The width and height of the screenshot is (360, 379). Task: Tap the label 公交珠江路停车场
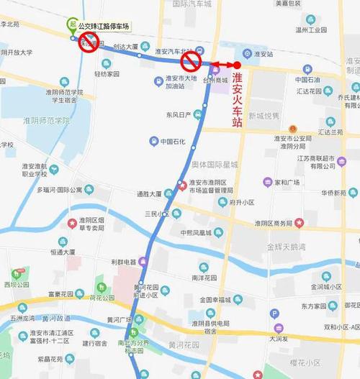pyautogui.click(x=105, y=25)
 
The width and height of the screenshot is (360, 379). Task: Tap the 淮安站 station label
pyautogui.click(x=264, y=53)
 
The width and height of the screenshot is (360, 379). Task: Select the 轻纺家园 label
pyautogui.click(x=104, y=73)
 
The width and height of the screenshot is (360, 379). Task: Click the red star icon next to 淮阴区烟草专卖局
pyautogui.click(x=72, y=224)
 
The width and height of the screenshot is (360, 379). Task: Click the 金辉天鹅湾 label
pyautogui.click(x=287, y=246)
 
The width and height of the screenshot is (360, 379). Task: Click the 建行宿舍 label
pyautogui.click(x=95, y=342)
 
